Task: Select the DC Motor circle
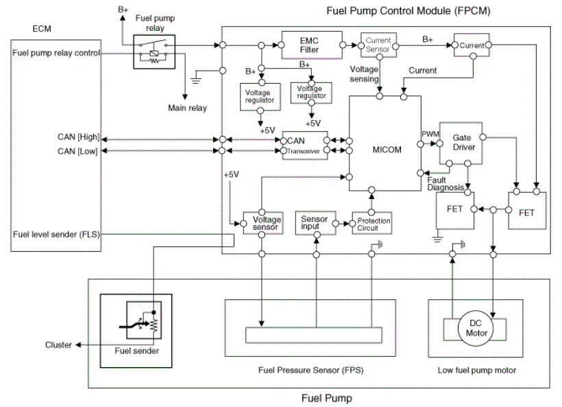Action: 476,329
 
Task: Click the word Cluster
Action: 58,345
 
